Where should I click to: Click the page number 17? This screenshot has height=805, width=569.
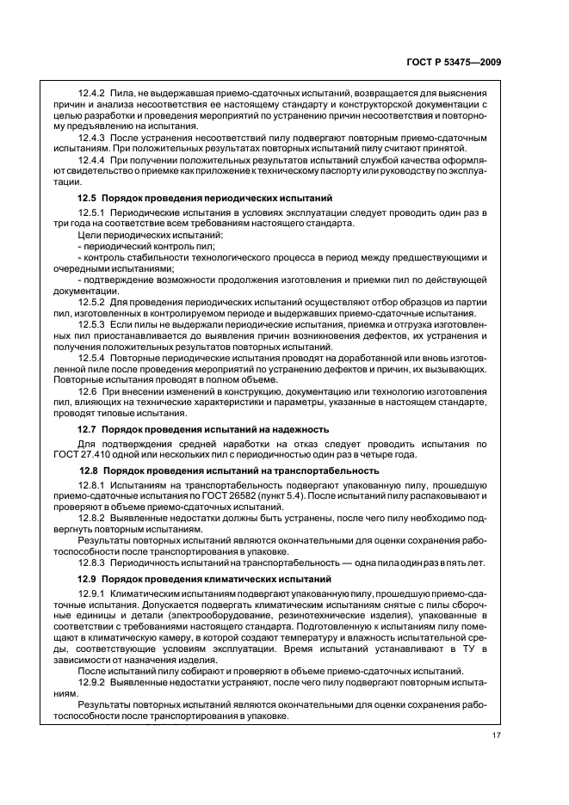(x=497, y=734)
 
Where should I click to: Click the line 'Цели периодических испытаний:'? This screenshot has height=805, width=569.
(x=137, y=235)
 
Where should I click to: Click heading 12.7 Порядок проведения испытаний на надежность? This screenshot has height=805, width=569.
(x=202, y=428)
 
